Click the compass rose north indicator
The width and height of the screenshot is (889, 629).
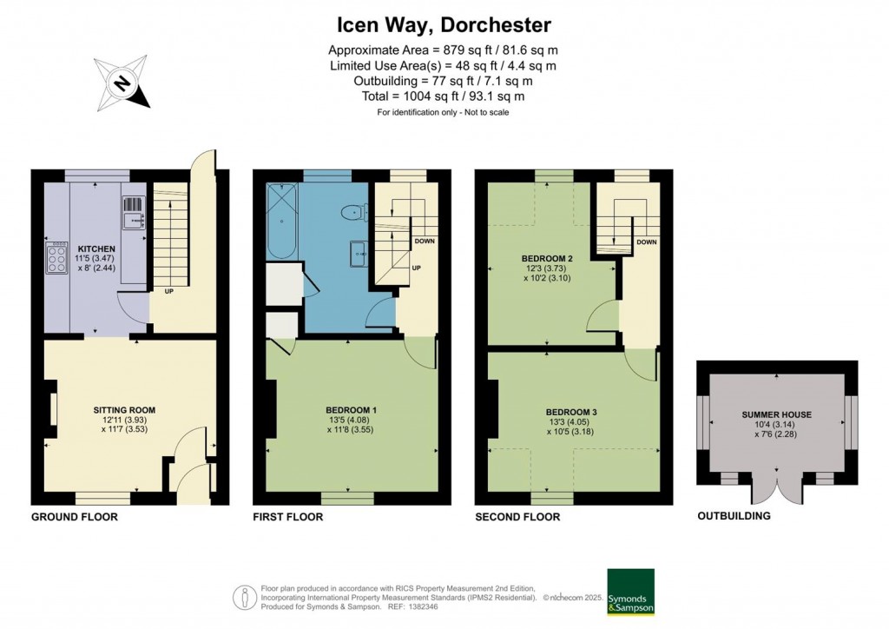point(123,83)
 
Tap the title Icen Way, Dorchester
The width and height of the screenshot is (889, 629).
point(444,25)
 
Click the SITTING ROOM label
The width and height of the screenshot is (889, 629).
point(124,409)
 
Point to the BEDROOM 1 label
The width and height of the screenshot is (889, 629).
point(351,410)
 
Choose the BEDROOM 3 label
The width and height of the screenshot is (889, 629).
point(572,412)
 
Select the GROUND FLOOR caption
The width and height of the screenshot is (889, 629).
point(74,517)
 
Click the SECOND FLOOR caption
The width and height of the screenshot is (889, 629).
point(517,517)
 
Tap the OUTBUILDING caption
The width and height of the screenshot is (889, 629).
point(734,516)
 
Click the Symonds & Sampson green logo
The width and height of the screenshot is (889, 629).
point(630,593)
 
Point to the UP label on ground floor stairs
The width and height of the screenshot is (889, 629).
point(168,291)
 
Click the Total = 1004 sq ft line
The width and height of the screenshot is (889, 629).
point(444,96)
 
